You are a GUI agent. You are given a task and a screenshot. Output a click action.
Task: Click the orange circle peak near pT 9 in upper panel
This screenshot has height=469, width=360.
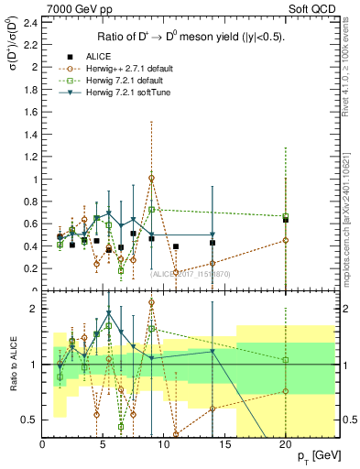(x=152, y=178)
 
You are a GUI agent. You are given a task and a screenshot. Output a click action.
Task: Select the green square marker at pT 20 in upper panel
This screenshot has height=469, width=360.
(x=286, y=216)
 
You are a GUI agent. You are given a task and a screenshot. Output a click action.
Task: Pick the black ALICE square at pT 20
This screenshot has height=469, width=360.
(x=286, y=220)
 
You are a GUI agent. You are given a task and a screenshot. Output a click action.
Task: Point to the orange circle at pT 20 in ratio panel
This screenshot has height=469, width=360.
(x=286, y=391)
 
